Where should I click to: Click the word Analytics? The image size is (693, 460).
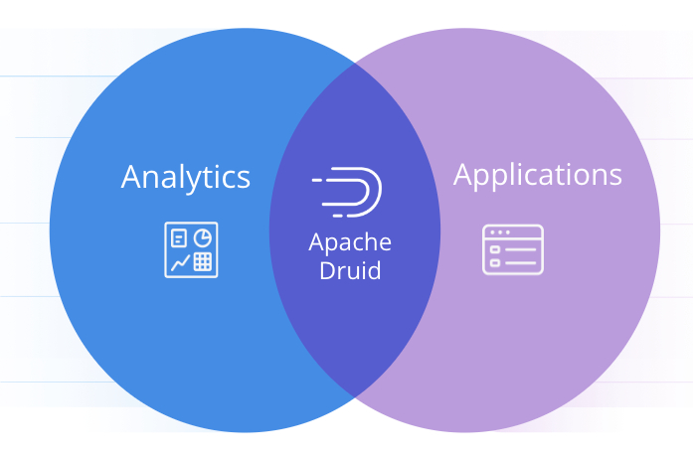[x=185, y=177]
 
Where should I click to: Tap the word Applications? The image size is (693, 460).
[x=537, y=175]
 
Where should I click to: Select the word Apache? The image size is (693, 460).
[x=350, y=242]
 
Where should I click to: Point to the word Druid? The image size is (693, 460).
[x=350, y=270]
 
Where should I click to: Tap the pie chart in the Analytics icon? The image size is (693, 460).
[x=202, y=237]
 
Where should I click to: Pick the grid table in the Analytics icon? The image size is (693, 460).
[x=203, y=261]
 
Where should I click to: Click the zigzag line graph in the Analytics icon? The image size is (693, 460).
[x=179, y=262]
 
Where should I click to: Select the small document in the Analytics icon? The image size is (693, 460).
[x=179, y=237]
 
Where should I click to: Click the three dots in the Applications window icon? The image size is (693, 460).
[x=498, y=232]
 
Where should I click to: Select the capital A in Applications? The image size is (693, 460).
[x=464, y=174]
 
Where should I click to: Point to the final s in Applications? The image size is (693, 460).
[x=615, y=176]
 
